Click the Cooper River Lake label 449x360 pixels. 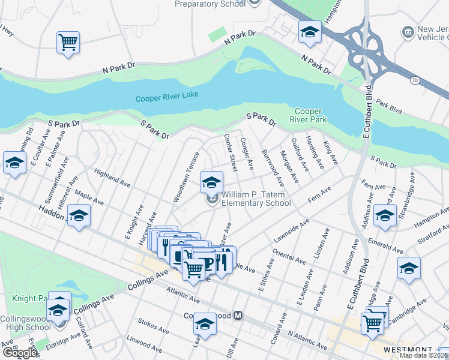click(166, 98)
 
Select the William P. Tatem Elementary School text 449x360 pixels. click(256, 199)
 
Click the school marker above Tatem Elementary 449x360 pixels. click(211, 182)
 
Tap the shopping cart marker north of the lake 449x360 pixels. click(68, 42)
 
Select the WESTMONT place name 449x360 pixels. click(409, 350)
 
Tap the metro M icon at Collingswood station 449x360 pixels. click(238, 315)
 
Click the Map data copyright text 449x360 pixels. click(423, 355)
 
